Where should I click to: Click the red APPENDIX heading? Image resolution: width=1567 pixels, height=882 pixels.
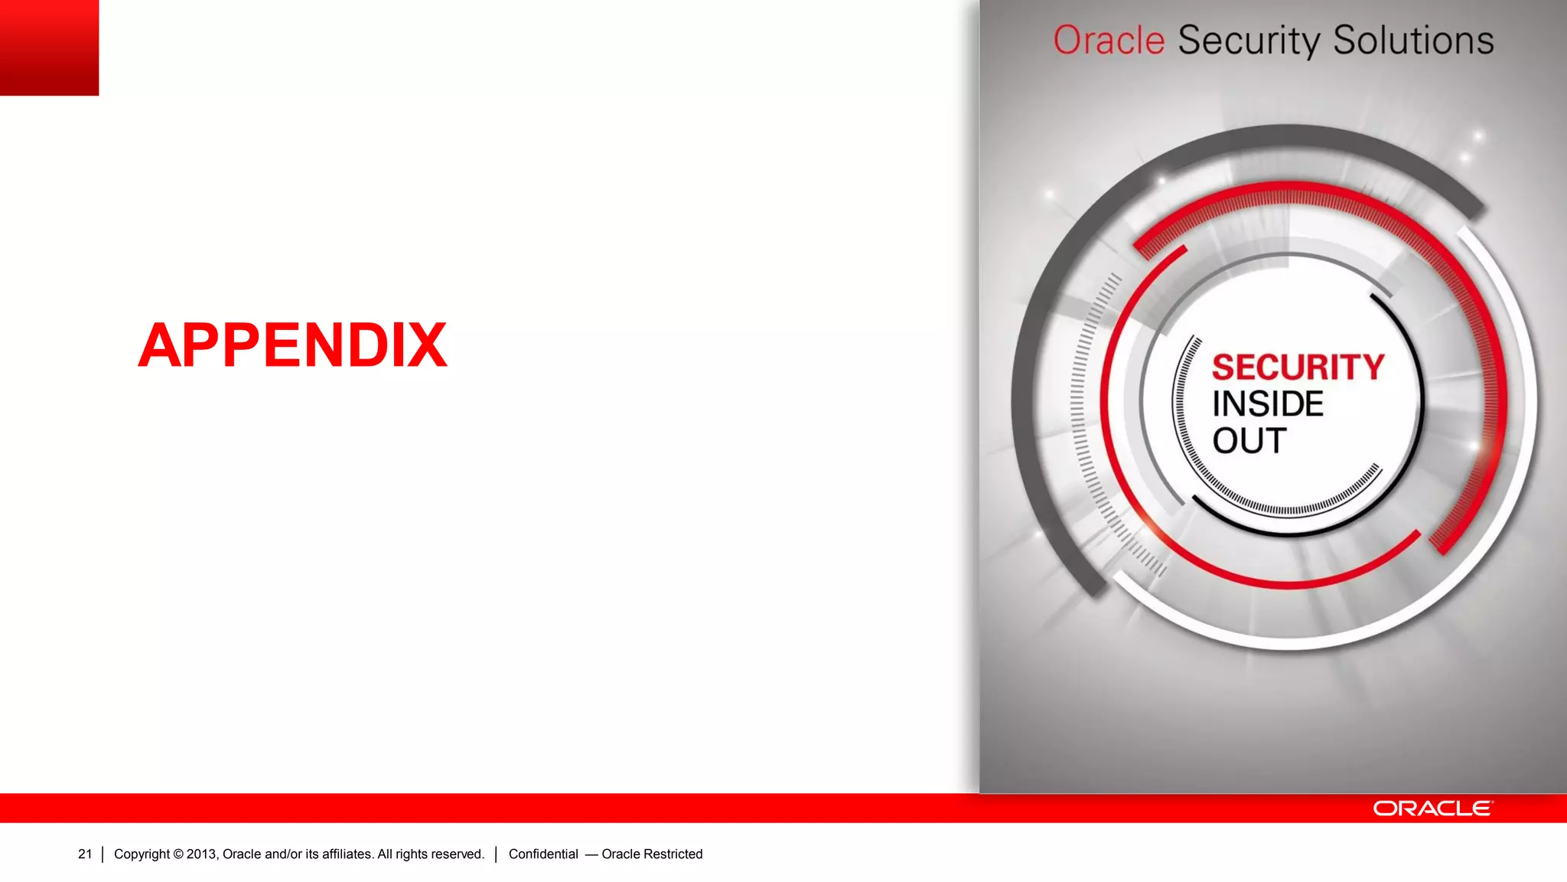(292, 345)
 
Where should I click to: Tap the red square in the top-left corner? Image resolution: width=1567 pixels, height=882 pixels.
(49, 47)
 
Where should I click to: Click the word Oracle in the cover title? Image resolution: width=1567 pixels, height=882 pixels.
(1109, 41)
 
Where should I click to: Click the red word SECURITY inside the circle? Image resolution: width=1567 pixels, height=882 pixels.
(1298, 367)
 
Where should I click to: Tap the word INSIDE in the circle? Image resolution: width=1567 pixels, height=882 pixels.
(1268, 404)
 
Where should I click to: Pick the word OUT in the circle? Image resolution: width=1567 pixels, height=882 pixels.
(1249, 441)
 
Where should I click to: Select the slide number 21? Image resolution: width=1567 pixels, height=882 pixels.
(85, 854)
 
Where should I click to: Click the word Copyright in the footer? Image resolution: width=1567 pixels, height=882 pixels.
(142, 854)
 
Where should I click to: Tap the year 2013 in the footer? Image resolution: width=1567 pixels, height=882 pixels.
(201, 854)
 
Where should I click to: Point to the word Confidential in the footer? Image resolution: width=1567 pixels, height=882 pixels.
(543, 854)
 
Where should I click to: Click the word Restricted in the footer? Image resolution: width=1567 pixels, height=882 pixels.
(673, 854)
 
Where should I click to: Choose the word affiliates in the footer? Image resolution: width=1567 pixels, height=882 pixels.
(347, 854)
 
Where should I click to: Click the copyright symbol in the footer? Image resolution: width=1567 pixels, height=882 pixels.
(178, 854)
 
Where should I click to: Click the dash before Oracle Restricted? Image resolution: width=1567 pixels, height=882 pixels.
(591, 854)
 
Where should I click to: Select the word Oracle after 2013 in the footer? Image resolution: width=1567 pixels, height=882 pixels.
(242, 854)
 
